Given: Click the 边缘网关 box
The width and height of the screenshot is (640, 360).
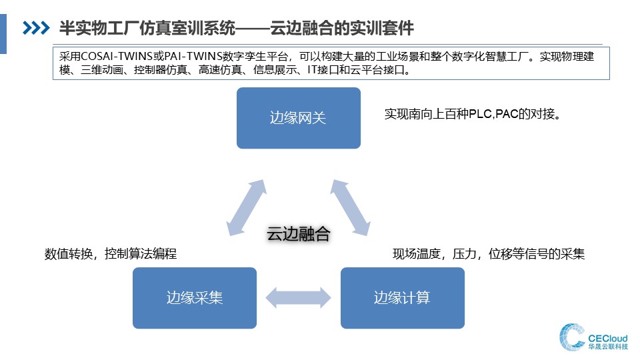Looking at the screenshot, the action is click(x=299, y=118).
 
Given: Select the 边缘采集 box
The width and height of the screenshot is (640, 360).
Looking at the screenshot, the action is click(x=195, y=298).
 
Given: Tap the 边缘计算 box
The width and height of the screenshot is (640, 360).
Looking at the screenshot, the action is click(x=403, y=298).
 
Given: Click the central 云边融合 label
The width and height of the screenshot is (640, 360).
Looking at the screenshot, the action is click(x=299, y=234).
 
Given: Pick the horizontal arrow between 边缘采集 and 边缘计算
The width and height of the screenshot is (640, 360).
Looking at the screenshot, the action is click(x=299, y=297).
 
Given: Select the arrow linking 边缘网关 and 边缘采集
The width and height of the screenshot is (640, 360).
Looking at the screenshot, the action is click(x=247, y=208).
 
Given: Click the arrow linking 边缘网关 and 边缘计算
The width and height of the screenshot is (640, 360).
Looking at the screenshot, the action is click(x=350, y=208).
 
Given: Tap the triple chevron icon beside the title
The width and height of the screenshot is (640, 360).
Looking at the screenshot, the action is click(x=36, y=28).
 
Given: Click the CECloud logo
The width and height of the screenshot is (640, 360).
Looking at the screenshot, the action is click(x=593, y=337).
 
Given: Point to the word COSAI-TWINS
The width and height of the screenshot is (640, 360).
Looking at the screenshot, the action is click(x=117, y=57).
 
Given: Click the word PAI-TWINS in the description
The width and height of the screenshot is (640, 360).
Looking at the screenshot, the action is click(x=193, y=57).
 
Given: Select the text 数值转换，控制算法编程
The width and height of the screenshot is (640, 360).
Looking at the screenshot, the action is click(x=111, y=254).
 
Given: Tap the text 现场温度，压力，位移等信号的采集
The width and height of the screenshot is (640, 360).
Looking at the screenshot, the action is click(x=489, y=254).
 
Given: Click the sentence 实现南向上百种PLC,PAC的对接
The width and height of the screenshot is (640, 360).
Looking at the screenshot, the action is click(x=473, y=114).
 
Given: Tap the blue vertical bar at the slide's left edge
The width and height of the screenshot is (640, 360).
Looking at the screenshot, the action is click(x=3, y=34).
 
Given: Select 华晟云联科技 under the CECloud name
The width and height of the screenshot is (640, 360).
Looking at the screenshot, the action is click(x=608, y=347).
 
